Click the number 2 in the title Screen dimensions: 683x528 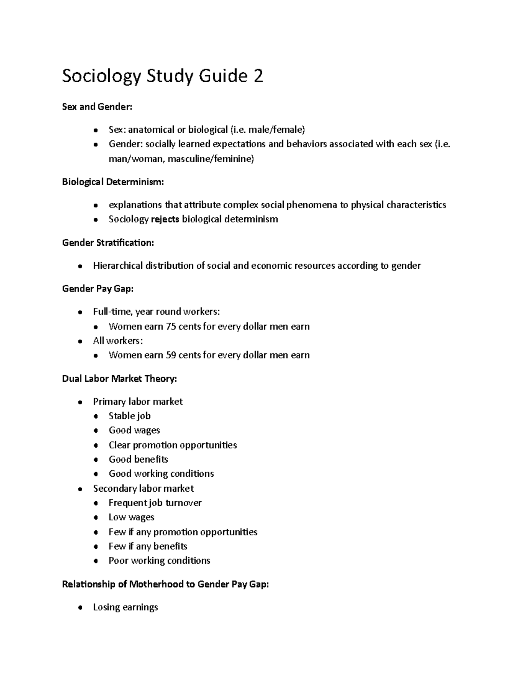pyautogui.click(x=258, y=76)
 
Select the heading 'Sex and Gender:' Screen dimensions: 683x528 pyautogui.click(x=97, y=106)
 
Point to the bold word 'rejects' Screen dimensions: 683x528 pyautogui.click(x=165, y=219)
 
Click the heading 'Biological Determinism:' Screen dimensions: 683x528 pyautogui.click(x=113, y=182)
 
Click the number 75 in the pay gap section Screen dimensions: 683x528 pyautogui.click(x=171, y=326)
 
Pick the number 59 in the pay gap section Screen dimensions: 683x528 pyautogui.click(x=171, y=355)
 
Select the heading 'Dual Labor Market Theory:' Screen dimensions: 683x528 pyautogui.click(x=120, y=379)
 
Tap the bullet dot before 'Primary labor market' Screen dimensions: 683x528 pyautogui.click(x=80, y=402)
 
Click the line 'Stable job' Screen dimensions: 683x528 pyautogui.click(x=129, y=416)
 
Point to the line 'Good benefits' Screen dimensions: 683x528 pyautogui.click(x=138, y=460)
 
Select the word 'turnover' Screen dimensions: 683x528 pyautogui.click(x=183, y=503)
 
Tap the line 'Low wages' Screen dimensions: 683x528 pyautogui.click(x=131, y=517)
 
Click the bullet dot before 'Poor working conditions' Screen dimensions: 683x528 pyautogui.click(x=95, y=561)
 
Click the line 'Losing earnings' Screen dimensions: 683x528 pyautogui.click(x=125, y=607)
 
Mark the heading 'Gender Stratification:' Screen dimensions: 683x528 pyautogui.click(x=108, y=242)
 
